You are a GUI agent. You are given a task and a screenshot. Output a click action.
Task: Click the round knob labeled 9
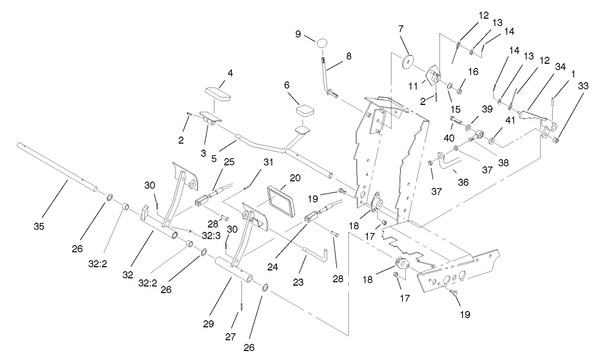(x=322, y=42)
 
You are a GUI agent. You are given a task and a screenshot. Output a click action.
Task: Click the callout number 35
(x=39, y=227)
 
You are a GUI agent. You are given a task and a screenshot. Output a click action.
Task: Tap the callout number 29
(x=209, y=324)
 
